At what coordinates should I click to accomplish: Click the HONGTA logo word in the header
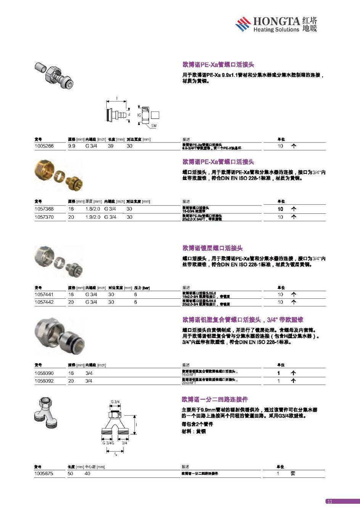tap(276, 21)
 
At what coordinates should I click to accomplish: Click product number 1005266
tap(44, 146)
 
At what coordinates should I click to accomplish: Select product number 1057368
tap(44, 209)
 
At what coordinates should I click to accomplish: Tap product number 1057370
tap(44, 217)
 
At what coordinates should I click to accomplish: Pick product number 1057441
tap(44, 295)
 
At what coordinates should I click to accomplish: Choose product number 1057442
tap(44, 302)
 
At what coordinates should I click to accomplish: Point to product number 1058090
tap(44, 373)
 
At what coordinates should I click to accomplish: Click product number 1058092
tap(44, 381)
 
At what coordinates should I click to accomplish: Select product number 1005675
tap(44, 474)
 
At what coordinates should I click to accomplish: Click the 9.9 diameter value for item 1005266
tap(72, 146)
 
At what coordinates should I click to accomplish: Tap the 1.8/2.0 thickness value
tap(93, 209)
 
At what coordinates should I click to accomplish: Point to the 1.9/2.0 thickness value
tap(93, 217)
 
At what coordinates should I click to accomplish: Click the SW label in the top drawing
tap(154, 126)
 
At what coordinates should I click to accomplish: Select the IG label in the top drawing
tap(139, 115)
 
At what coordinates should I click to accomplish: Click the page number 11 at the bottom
tap(330, 501)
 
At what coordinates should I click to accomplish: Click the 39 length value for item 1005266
tap(111, 146)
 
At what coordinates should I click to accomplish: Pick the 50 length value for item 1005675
tap(71, 474)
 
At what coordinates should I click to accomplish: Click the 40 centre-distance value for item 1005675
tap(87, 474)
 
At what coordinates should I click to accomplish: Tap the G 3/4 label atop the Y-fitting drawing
tap(115, 402)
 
